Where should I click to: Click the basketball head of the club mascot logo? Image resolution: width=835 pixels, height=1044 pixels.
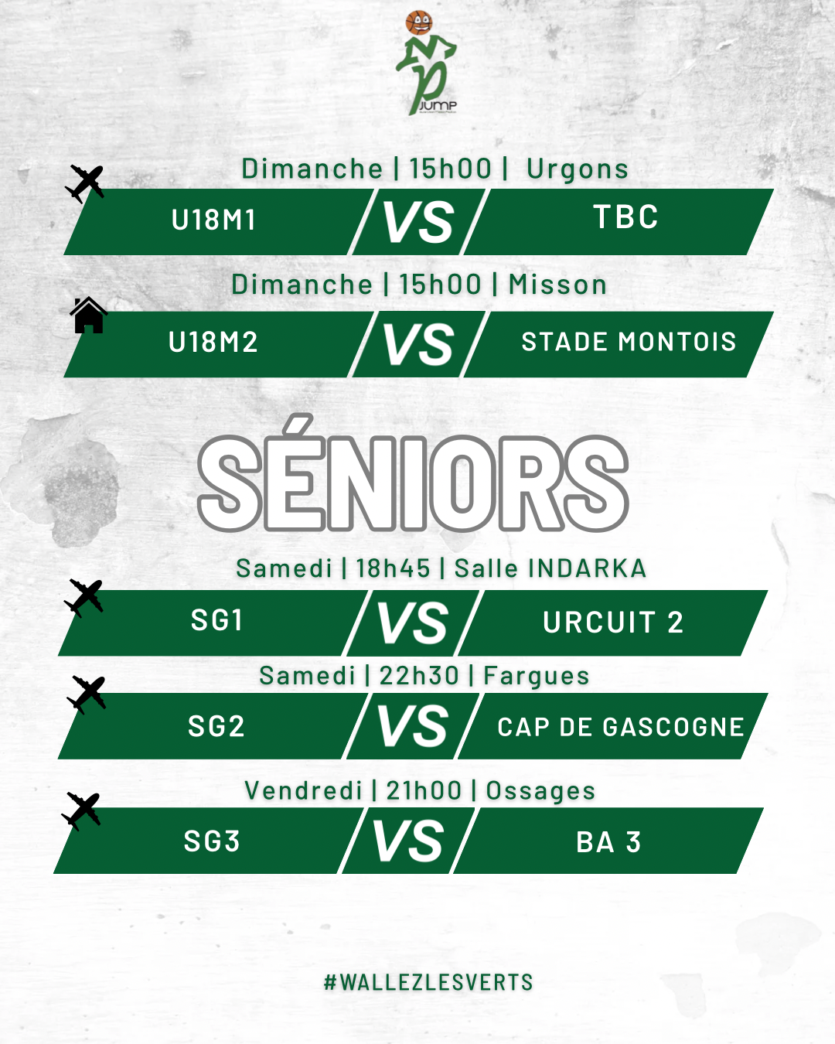coord(419,22)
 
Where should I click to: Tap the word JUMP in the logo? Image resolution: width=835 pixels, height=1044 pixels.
coord(438,105)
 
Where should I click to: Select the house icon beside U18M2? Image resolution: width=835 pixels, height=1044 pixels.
coord(88,316)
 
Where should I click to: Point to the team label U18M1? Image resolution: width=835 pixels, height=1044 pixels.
coord(213,220)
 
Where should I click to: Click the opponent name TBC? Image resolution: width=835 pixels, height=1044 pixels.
coord(625,217)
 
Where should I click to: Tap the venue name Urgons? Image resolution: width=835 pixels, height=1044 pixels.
coord(578,169)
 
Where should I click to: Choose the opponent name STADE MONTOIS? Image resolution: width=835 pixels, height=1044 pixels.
coord(629,342)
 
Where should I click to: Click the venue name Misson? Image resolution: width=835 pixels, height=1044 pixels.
coord(557,285)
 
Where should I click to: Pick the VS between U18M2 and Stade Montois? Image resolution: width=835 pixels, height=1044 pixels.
coord(419,344)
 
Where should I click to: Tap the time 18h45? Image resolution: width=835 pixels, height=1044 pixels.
coord(393,568)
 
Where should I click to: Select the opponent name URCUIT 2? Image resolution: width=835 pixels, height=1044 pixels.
coord(613,623)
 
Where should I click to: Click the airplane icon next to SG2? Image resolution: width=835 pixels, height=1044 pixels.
coord(87,694)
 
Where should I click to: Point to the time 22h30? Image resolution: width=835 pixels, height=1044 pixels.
coord(419,676)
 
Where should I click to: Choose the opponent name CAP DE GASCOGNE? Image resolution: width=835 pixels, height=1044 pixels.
coord(621,727)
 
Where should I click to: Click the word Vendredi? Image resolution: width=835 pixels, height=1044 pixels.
coord(303,791)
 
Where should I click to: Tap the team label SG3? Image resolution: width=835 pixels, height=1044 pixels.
coord(212,841)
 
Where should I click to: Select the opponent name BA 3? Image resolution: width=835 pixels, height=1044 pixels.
coord(608,843)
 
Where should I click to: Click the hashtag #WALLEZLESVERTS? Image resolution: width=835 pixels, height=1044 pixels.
coord(428,982)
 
